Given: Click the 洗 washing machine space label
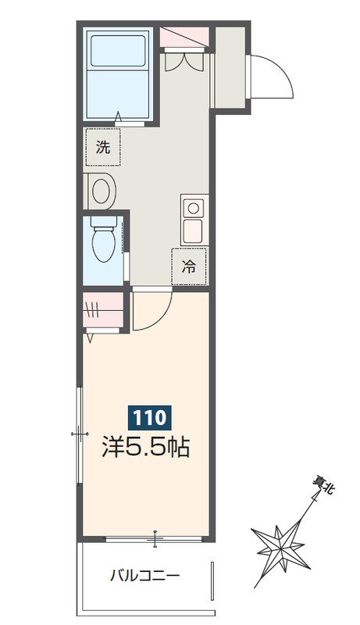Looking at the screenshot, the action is click(x=103, y=148).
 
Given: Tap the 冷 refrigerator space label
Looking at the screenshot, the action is click(x=189, y=266).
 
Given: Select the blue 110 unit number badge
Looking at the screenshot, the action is click(x=149, y=418).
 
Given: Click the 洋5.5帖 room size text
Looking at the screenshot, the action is click(x=145, y=446).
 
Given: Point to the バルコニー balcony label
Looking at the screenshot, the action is click(x=145, y=576).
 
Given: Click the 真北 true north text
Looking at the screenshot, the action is click(x=324, y=486).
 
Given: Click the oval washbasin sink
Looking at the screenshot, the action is click(x=102, y=191).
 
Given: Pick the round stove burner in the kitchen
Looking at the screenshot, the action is click(x=194, y=208).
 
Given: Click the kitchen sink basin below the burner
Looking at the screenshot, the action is click(x=194, y=230).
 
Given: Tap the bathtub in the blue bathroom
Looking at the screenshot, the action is click(x=117, y=73).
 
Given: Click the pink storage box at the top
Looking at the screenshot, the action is click(x=184, y=37).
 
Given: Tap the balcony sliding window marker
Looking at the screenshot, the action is click(x=155, y=539).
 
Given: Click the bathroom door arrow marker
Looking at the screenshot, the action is click(x=118, y=119).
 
